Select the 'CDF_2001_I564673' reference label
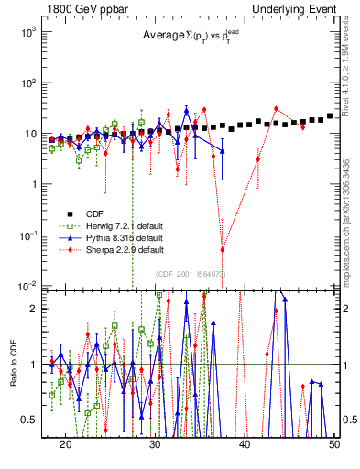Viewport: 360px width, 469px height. point(191,274)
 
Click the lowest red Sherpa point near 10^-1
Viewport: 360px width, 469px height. point(223,249)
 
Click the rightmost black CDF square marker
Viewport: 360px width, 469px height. point(330,116)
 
